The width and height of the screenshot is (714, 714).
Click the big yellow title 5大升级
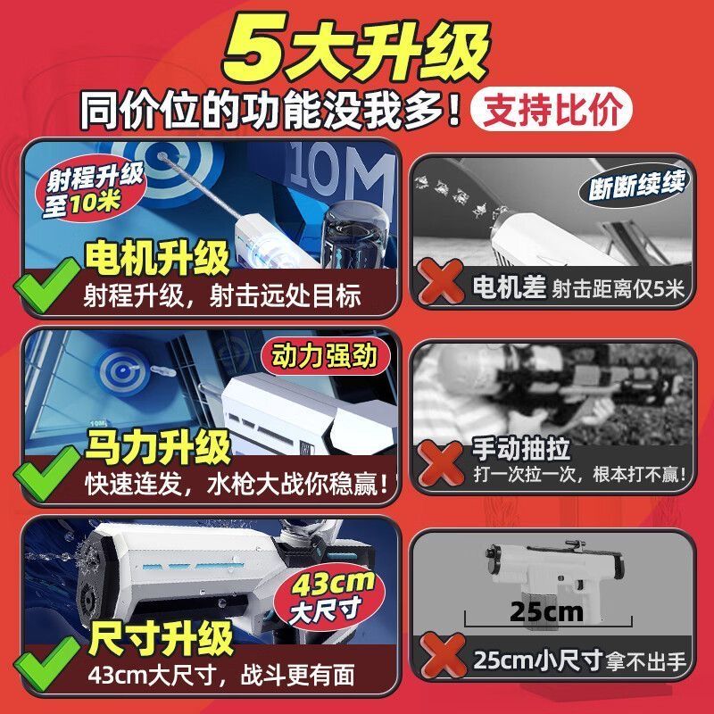coord(356,47)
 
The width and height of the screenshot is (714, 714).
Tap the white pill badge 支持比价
coord(552,109)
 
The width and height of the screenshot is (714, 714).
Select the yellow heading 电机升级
coord(157,258)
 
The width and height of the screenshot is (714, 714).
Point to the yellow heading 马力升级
coord(159,448)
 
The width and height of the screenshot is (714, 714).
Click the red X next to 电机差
coord(440,281)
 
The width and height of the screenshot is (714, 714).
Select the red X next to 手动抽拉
coord(440,463)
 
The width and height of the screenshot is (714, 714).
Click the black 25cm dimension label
coord(546,611)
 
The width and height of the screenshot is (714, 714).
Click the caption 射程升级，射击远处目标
coord(222,295)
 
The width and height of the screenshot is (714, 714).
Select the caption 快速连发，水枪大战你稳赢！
coord(237,485)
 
